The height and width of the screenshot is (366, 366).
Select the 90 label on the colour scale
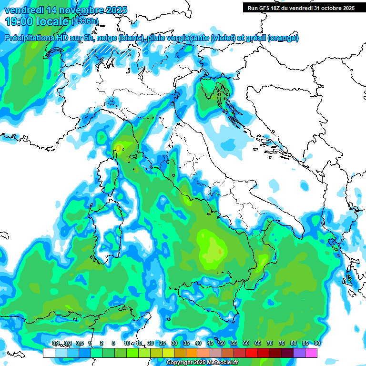click(317, 343)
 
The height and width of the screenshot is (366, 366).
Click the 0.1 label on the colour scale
click(56, 343)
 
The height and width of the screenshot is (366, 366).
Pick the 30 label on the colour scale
click(174, 343)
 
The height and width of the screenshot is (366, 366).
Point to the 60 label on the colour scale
click(246, 343)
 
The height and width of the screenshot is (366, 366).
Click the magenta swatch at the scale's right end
click(311, 353)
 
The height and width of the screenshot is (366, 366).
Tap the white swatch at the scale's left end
click(49, 353)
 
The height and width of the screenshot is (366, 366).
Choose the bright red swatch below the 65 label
click(252, 353)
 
